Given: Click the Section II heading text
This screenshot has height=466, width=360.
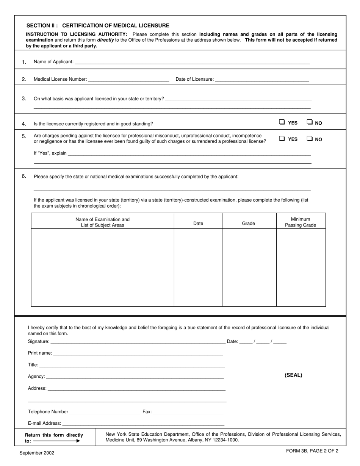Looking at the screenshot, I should [x=98, y=26].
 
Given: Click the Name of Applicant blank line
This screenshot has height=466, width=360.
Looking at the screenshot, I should [x=192, y=62].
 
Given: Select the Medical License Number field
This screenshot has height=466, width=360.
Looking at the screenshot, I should [x=128, y=79].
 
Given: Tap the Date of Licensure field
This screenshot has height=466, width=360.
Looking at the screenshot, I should [x=262, y=79].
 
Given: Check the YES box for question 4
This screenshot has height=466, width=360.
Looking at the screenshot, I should [x=282, y=122].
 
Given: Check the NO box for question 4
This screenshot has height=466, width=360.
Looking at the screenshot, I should [x=310, y=122].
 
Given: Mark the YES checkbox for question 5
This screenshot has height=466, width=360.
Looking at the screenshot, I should [x=282, y=138].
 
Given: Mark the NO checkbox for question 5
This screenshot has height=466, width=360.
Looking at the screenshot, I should [x=310, y=138].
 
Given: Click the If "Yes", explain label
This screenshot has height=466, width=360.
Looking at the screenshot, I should [x=50, y=153].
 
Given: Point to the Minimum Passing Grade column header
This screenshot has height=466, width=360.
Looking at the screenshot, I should [x=301, y=222].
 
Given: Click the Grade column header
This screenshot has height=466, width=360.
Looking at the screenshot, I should [x=249, y=224].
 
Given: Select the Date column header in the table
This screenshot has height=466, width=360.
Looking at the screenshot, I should [x=198, y=224].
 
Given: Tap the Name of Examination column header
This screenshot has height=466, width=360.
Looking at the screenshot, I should [x=102, y=222].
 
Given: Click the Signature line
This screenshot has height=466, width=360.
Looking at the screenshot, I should [x=138, y=341].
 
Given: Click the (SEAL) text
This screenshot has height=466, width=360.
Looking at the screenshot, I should [x=293, y=375].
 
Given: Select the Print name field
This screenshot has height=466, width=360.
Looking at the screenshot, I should [x=138, y=353].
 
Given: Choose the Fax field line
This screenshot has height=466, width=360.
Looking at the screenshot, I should [x=188, y=412].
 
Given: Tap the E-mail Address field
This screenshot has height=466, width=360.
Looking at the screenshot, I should [x=143, y=424].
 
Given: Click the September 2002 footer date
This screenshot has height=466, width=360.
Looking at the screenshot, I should [x=37, y=453].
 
